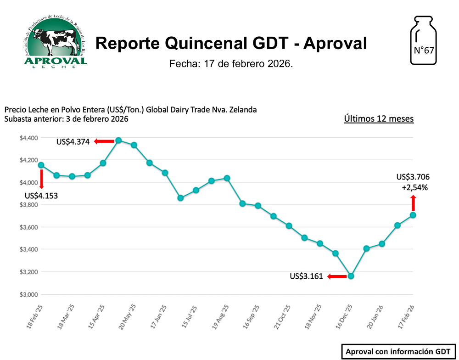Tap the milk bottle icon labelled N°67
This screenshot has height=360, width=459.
[x=423, y=40]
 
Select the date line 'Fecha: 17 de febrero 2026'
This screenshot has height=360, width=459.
[x=231, y=63]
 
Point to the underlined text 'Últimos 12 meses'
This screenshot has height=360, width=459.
[x=379, y=119]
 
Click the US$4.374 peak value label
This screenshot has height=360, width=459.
[x=73, y=142]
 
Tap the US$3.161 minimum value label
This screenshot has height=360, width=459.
[x=306, y=276]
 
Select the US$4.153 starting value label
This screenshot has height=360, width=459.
[x=41, y=195]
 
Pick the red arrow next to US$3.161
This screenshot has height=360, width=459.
[x=337, y=276]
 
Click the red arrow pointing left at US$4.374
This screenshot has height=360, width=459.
[x=104, y=141]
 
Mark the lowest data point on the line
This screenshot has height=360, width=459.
[x=351, y=276]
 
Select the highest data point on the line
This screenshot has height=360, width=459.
[x=118, y=141]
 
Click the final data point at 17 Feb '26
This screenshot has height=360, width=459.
[x=413, y=215]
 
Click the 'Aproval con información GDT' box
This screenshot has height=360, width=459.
[x=398, y=351]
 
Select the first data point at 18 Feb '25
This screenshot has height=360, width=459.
[x=41, y=165]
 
